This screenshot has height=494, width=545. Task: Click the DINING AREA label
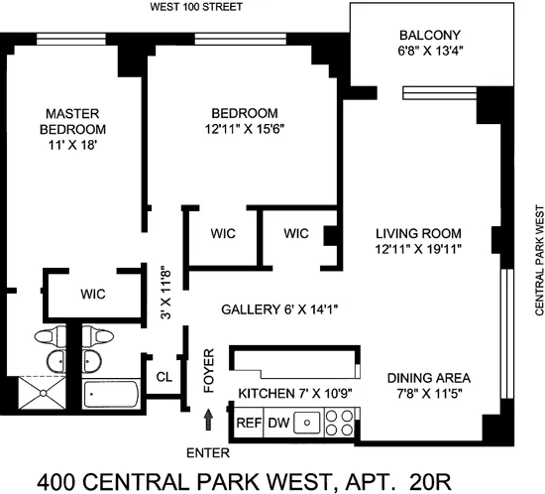point(427,378)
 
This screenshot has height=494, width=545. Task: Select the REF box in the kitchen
point(248,424)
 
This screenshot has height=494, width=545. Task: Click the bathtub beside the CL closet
point(109,398)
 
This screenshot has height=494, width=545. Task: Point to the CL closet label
point(163,377)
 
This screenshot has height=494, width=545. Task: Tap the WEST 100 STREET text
point(194,8)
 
